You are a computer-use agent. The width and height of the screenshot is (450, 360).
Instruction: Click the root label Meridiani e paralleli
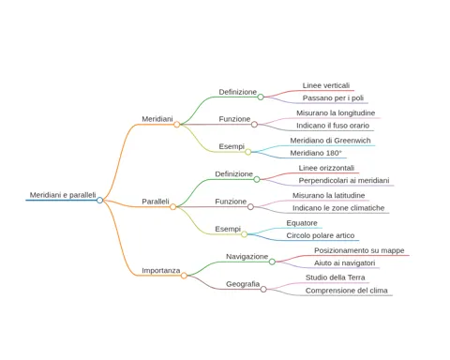[x=63, y=195]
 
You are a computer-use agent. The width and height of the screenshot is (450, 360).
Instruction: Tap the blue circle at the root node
[x=99, y=201]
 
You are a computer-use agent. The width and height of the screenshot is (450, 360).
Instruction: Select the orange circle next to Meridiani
[x=177, y=125]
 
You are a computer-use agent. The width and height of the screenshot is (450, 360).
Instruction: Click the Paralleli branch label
[x=156, y=202]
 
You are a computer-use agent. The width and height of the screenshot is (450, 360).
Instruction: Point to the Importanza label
[x=161, y=270]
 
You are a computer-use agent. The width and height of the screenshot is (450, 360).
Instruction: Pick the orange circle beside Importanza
[x=184, y=276]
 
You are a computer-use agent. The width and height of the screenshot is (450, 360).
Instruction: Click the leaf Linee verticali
[x=326, y=85]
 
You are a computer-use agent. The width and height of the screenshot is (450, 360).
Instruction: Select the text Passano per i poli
[x=333, y=98]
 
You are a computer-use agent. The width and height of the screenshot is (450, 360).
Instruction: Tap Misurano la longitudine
[x=336, y=112]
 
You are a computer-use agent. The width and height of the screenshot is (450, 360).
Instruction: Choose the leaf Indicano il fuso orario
[x=333, y=126]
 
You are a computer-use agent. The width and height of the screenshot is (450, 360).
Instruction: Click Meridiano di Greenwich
[x=330, y=141]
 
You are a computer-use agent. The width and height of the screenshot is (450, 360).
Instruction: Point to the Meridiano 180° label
[x=316, y=153]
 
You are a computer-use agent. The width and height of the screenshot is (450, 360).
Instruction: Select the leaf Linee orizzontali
[x=326, y=168]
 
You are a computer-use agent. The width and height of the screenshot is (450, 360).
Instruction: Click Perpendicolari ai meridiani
[x=344, y=181]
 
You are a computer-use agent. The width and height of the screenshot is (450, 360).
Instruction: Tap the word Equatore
[x=302, y=223]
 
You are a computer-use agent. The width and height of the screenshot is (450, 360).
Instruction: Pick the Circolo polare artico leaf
[x=321, y=235]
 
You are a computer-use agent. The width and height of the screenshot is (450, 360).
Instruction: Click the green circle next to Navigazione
[x=272, y=262]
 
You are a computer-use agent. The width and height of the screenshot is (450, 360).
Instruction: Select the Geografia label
[x=243, y=284]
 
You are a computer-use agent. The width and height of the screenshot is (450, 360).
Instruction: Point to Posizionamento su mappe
[x=359, y=250]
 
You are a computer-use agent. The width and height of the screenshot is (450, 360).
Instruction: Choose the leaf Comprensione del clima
[x=346, y=291]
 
